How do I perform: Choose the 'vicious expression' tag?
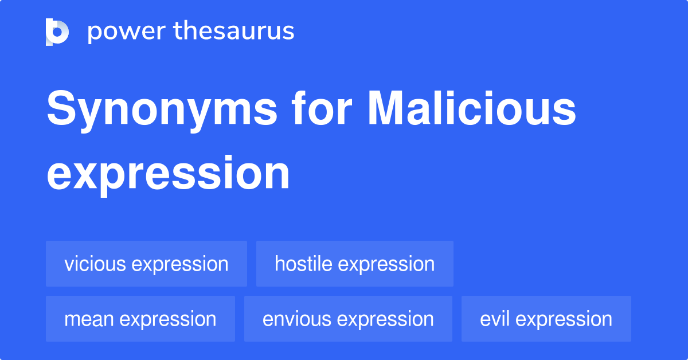pos(146,264)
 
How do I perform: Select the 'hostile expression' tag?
pos(354,264)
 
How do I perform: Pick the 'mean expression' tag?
pos(140,319)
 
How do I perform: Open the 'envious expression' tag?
pos(348,319)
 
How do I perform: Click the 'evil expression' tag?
pos(546,319)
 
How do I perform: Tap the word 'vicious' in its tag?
pos(95,264)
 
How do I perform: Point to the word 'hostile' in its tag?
pos(304,264)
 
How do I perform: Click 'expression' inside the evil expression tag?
pos(565,319)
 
